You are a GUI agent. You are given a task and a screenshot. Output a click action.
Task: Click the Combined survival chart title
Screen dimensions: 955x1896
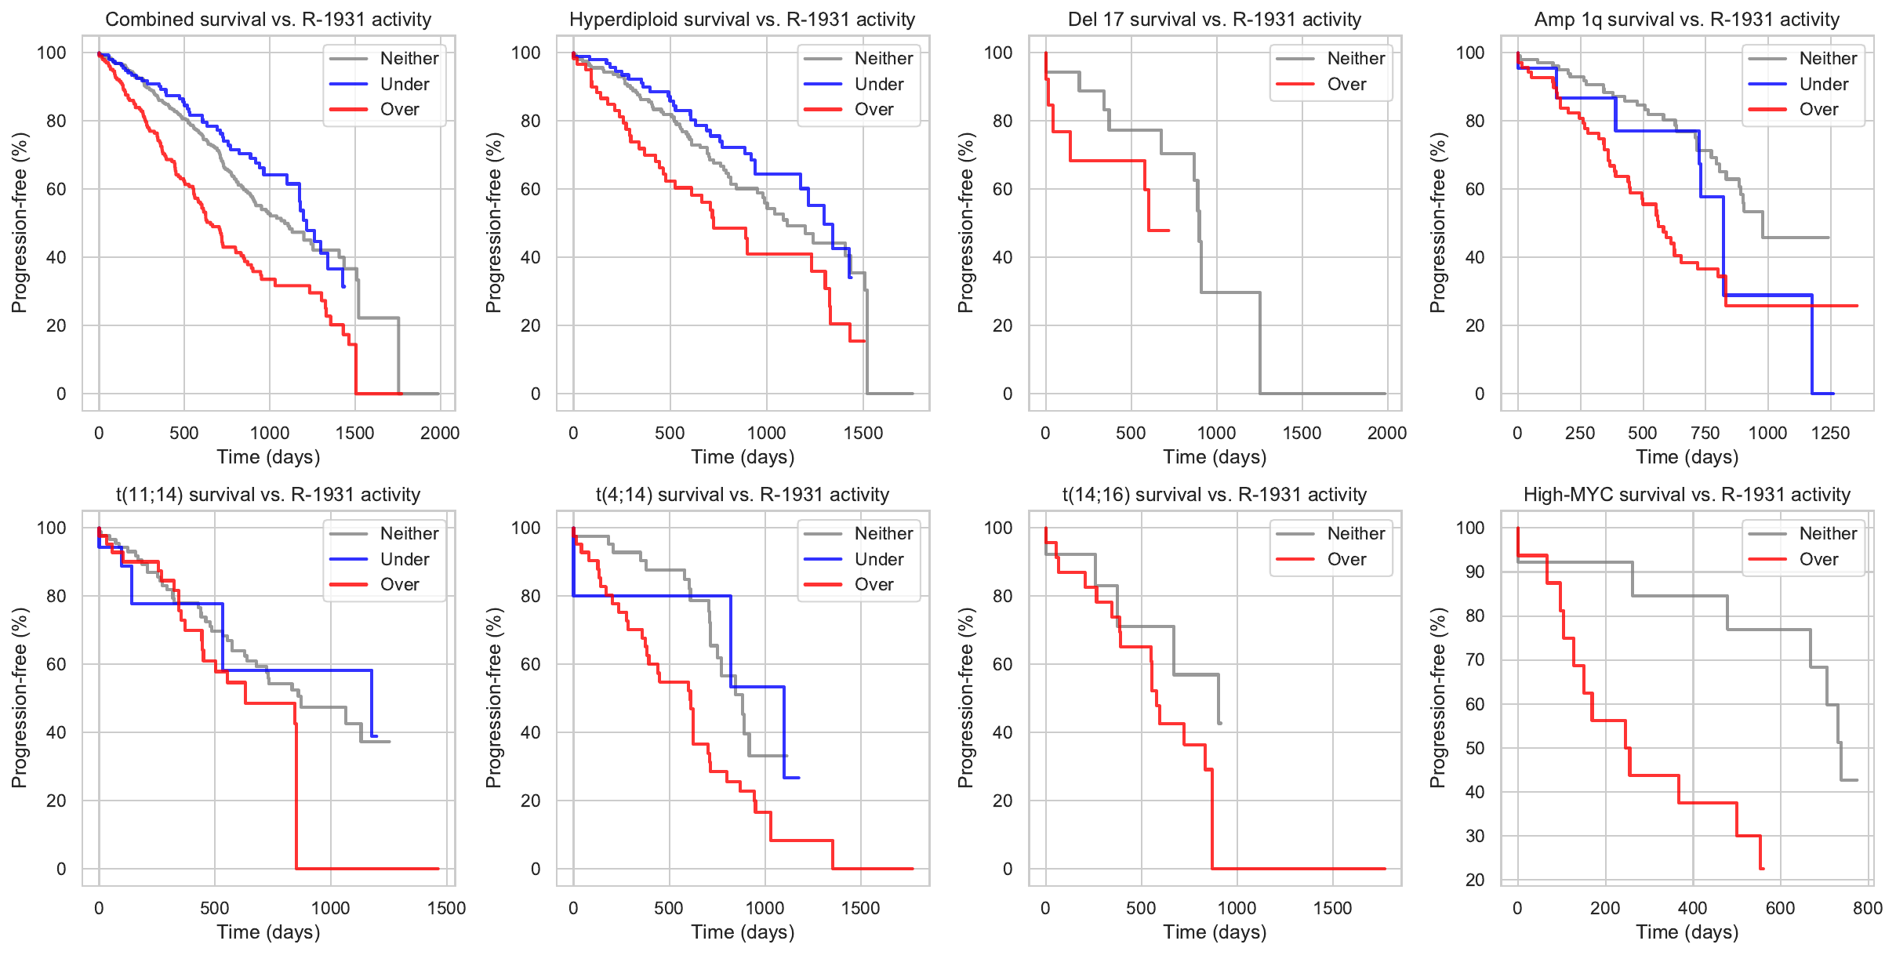[268, 20]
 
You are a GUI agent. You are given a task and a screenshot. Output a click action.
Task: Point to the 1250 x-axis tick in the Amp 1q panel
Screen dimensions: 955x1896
[1830, 433]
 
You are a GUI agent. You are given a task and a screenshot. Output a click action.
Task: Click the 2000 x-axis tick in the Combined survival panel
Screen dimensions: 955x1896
[440, 433]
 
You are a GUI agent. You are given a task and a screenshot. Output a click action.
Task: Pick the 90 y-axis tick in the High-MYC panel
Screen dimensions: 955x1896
[1475, 572]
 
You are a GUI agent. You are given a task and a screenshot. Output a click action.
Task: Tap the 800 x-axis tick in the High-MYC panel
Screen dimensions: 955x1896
[1868, 908]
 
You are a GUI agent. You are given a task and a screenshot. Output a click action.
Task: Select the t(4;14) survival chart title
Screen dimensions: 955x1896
[742, 495]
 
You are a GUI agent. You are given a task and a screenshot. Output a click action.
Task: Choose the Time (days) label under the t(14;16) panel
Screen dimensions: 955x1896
[1215, 931]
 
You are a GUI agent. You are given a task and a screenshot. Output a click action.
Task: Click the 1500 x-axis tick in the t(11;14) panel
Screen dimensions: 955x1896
[446, 908]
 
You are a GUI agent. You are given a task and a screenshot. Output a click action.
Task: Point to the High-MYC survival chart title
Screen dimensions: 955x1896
[1687, 495]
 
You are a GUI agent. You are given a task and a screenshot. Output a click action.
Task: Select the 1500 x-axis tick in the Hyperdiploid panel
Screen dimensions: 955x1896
[863, 433]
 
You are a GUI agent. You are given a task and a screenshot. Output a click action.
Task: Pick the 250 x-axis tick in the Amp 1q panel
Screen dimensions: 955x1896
[1579, 433]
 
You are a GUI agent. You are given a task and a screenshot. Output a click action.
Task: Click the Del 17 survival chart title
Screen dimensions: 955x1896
[1214, 20]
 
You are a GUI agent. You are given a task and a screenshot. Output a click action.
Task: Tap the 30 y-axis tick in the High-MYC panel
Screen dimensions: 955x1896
[1475, 836]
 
